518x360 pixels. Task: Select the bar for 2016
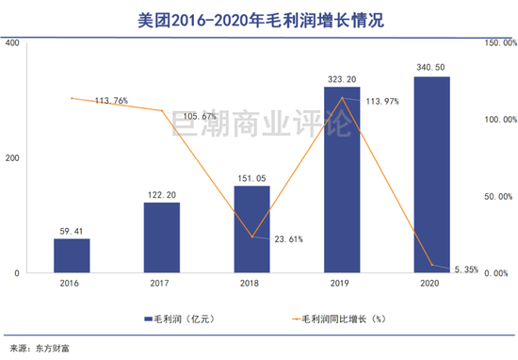coord(72,255)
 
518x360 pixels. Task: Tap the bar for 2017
coord(162,237)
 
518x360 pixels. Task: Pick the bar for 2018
coord(251,229)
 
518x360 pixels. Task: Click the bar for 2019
coord(342,180)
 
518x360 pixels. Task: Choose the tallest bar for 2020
coord(432,175)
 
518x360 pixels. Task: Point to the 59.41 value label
coord(72,229)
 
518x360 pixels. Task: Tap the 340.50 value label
coord(432,67)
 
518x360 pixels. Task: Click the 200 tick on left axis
coord(11,158)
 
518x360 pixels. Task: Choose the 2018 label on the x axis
coord(251,282)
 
